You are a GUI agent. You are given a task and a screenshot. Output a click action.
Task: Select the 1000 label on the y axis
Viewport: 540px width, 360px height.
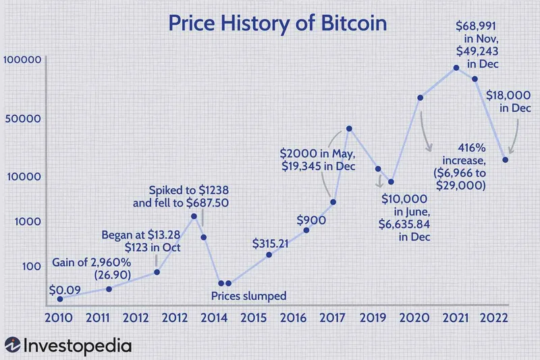(30, 221)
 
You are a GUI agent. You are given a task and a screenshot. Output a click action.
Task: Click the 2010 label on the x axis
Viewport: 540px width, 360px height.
(59, 317)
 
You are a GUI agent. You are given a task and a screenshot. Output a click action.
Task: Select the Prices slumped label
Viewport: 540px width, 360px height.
(249, 295)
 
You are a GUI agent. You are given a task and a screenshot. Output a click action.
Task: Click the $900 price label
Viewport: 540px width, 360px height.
(311, 220)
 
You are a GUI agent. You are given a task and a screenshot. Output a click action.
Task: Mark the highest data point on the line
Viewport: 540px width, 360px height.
(456, 68)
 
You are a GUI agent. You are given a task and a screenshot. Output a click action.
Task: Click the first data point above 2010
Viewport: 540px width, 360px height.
(60, 299)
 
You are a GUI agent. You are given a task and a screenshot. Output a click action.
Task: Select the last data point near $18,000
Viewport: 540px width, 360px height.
(505, 159)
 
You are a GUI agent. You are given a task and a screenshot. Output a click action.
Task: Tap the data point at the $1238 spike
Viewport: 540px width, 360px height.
(194, 216)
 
